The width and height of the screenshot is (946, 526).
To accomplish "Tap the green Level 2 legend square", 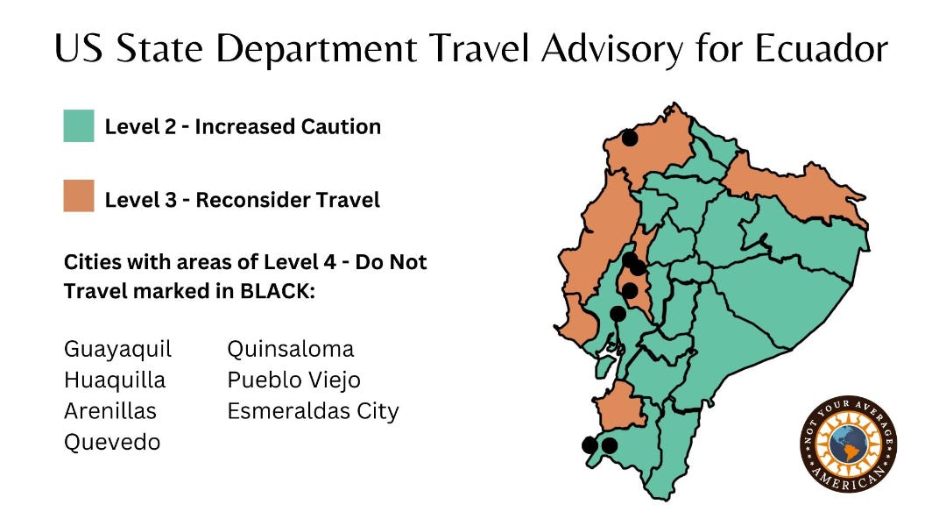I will [x=79, y=126].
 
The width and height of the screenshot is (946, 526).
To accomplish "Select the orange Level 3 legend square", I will [x=79, y=196].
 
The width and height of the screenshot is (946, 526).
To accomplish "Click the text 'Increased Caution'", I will [x=287, y=126].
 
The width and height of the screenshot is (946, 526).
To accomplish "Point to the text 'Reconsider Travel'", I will [x=287, y=200].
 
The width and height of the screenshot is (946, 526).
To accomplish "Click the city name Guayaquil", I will [x=117, y=350].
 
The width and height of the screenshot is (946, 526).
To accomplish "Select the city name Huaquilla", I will [x=114, y=380].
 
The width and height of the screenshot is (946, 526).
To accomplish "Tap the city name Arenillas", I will [x=110, y=411].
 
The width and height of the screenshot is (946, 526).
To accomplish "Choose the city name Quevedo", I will [x=112, y=443].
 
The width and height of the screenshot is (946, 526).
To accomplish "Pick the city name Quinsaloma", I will [x=291, y=349].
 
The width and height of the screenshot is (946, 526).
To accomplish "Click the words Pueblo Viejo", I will [x=293, y=380].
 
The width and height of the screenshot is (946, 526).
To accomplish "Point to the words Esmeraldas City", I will [x=313, y=411].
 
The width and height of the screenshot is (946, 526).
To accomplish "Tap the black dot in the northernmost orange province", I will [x=629, y=137].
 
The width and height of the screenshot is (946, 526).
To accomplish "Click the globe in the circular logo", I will [x=848, y=444].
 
